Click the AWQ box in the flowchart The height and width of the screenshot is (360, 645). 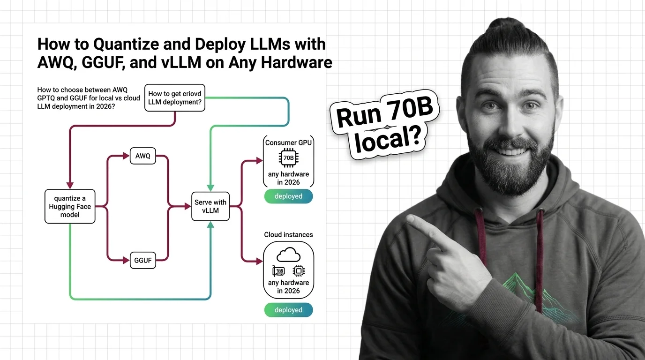(x=143, y=156)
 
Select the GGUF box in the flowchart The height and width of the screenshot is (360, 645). (x=143, y=260)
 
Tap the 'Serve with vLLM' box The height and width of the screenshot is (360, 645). (x=210, y=206)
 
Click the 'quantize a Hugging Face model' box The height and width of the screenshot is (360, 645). (x=70, y=206)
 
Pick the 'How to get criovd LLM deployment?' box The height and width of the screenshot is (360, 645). (x=175, y=97)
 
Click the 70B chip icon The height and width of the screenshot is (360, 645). (x=288, y=158)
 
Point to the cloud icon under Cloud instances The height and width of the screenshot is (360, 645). (x=288, y=255)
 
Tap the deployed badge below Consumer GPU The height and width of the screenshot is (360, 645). (x=288, y=196)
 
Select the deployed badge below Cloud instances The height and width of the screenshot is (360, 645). (x=288, y=310)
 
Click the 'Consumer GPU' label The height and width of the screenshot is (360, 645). (x=288, y=142)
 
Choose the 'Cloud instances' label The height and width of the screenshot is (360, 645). (x=288, y=234)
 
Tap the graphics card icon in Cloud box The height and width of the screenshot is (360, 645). (x=279, y=271)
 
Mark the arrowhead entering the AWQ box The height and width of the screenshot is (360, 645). (x=127, y=156)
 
